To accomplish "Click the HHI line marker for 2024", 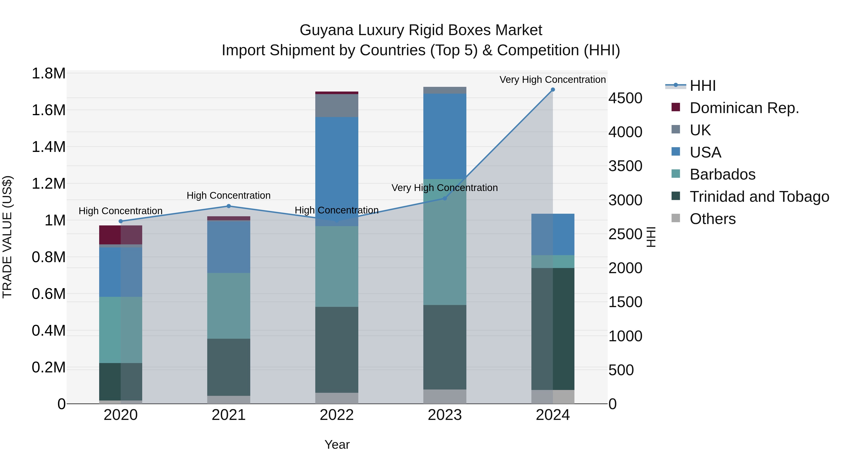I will click(553, 90).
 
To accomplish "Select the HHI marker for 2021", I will click(229, 206).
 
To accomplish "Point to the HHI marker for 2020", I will click(121, 221).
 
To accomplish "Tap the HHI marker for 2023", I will click(445, 198).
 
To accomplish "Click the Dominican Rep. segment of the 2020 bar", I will click(121, 235).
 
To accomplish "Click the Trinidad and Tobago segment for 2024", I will click(553, 329).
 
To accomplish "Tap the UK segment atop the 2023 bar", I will click(445, 90).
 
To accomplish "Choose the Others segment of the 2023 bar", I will click(445, 397).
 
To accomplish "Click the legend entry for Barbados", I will click(722, 174).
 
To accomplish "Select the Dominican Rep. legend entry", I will click(744, 108).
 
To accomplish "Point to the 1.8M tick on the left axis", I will click(48, 73).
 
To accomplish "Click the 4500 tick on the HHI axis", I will click(625, 98).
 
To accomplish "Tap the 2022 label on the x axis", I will click(337, 415).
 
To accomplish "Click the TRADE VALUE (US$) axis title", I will click(7, 237).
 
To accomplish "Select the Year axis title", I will click(337, 445).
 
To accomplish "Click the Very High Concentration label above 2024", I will click(552, 80).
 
